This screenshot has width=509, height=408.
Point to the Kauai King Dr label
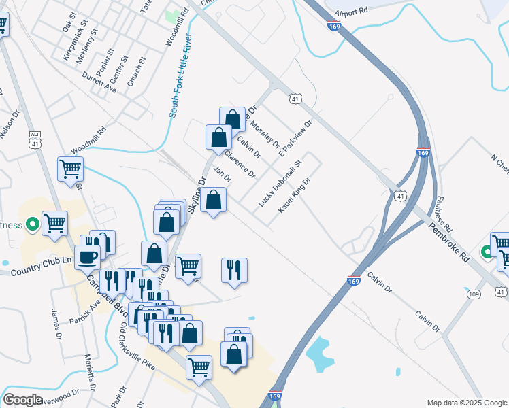[x=294, y=194]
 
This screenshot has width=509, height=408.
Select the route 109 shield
[x=474, y=294]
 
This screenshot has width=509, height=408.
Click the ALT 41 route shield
[x=35, y=139]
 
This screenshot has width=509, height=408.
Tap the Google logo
[x=22, y=400]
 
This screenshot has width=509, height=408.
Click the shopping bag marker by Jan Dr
[x=214, y=200]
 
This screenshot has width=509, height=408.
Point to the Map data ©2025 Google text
[x=467, y=403]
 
